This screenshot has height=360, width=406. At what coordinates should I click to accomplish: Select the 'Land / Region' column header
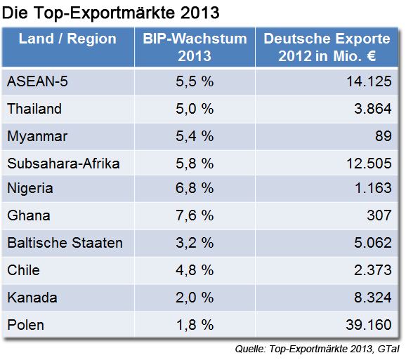coord(67,39)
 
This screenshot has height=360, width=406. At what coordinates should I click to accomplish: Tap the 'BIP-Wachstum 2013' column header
coord(195,47)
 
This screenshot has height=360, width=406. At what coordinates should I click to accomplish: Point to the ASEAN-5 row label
coord(39,82)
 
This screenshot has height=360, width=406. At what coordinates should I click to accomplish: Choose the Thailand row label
coord(34,109)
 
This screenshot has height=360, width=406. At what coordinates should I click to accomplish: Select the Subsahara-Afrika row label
coord(63,164)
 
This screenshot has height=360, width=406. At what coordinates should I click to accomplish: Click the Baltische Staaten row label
coord(65,244)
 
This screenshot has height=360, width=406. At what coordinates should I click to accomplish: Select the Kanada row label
coord(31,298)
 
